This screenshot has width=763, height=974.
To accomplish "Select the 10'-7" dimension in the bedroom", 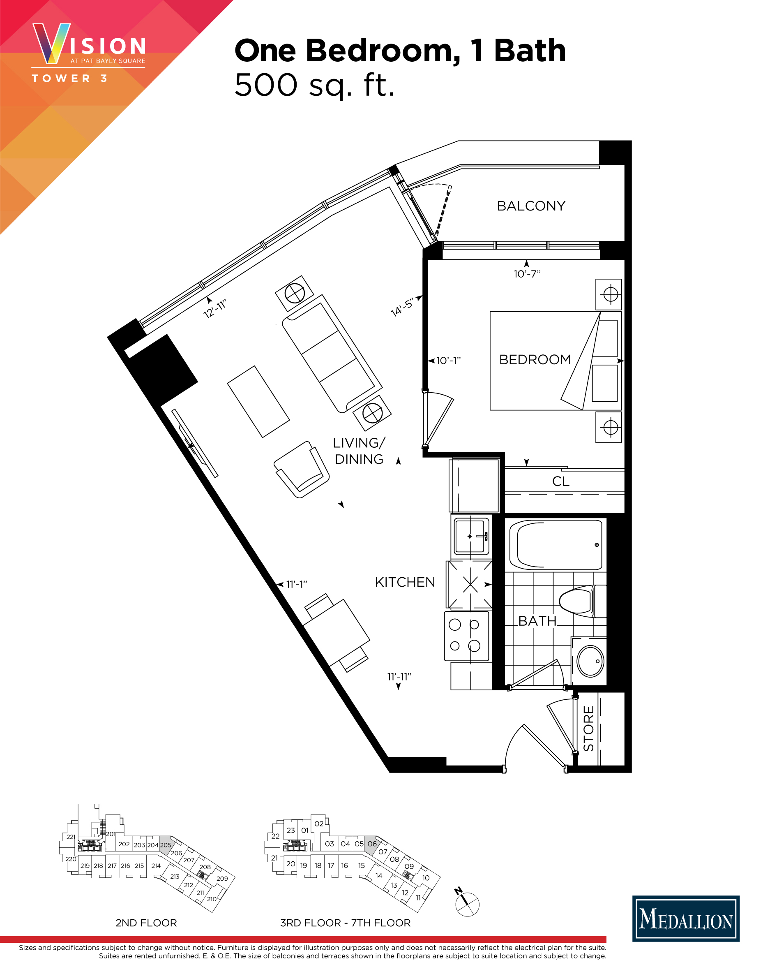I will pyautogui.click(x=527, y=274).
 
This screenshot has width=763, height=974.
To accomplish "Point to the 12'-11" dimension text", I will pyautogui.click(x=215, y=309).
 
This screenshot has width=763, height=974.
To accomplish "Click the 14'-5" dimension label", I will pyautogui.click(x=402, y=308).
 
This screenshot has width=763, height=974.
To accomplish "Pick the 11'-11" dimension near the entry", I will pyautogui.click(x=399, y=677).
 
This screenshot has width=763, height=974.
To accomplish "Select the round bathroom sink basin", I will pyautogui.click(x=590, y=662).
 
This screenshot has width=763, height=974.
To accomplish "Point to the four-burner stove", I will pyautogui.click(x=466, y=636).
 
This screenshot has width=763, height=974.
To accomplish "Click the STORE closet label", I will pyautogui.click(x=588, y=728).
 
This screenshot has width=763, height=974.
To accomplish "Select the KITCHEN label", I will pyautogui.click(x=405, y=583).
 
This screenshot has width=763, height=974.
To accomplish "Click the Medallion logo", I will pyautogui.click(x=686, y=919).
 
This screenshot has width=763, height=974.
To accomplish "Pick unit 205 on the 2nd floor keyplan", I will pyautogui.click(x=165, y=845).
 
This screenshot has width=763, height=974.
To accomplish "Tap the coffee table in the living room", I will pyautogui.click(x=258, y=401).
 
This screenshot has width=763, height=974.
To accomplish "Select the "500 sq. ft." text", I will pyautogui.click(x=314, y=85).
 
